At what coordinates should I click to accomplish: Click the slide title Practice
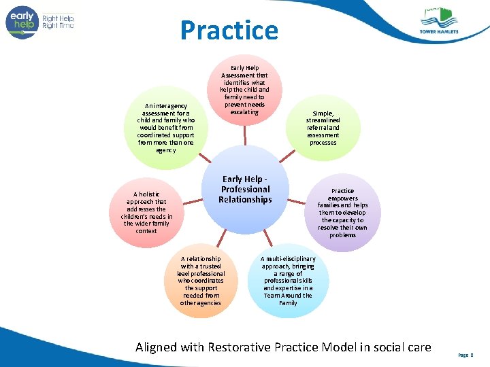pyautogui.click(x=229, y=31)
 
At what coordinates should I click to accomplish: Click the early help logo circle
pyautogui.click(x=22, y=22)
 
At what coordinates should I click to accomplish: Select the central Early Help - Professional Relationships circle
pyautogui.click(x=245, y=190)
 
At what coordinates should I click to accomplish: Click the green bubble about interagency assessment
pyautogui.click(x=165, y=128)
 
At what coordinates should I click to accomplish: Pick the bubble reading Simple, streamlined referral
pyautogui.click(x=323, y=128)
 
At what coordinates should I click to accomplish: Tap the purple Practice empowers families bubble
pyautogui.click(x=342, y=213)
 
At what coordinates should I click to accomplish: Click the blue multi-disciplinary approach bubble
pyautogui.click(x=288, y=280)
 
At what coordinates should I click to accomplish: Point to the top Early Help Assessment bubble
pyautogui.click(x=244, y=90)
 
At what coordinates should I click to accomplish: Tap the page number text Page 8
pyautogui.click(x=466, y=355)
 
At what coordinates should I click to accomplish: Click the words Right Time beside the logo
pyautogui.click(x=58, y=26)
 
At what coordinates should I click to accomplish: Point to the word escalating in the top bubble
pyautogui.click(x=244, y=112)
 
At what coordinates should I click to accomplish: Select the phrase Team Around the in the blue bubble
pyautogui.click(x=288, y=296)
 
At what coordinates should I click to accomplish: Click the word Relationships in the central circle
pyautogui.click(x=245, y=200)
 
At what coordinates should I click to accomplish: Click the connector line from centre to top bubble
pyautogui.click(x=244, y=136)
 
